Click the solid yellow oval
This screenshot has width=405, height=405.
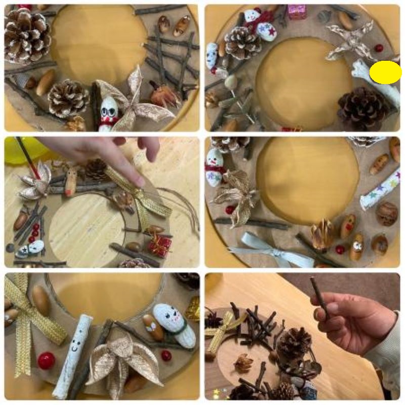click(385, 72)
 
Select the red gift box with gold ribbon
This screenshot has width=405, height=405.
click(160, 246)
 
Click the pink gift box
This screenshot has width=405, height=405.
click(297, 11)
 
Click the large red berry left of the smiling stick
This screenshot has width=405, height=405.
click(46, 360)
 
